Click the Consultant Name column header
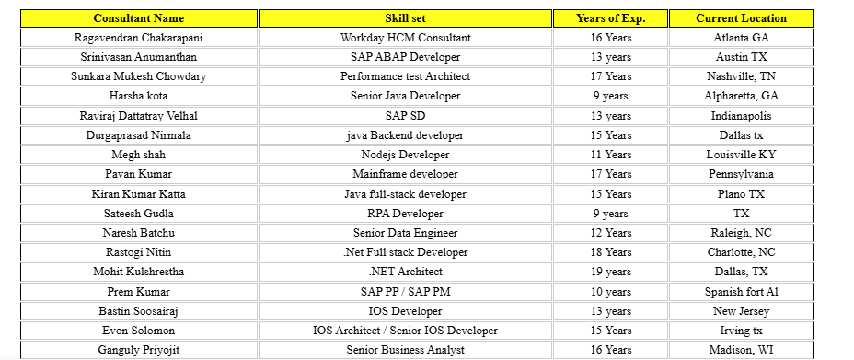click(138, 18)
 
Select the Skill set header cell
click(405, 18)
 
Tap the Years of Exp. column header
click(610, 18)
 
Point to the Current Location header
click(741, 18)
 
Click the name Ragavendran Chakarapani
click(138, 38)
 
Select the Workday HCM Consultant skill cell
click(405, 38)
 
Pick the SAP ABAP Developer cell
click(405, 57)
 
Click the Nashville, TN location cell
click(741, 76)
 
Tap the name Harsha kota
click(138, 96)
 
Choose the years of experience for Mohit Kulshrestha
click(610, 272)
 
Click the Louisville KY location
click(741, 155)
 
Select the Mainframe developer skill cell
click(405, 174)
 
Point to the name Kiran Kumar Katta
click(138, 194)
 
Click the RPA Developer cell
click(405, 214)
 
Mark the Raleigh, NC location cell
click(741, 233)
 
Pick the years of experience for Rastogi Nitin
click(610, 252)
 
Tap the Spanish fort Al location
click(741, 292)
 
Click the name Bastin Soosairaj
click(138, 311)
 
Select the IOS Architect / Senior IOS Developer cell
click(405, 331)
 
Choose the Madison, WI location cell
click(741, 350)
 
